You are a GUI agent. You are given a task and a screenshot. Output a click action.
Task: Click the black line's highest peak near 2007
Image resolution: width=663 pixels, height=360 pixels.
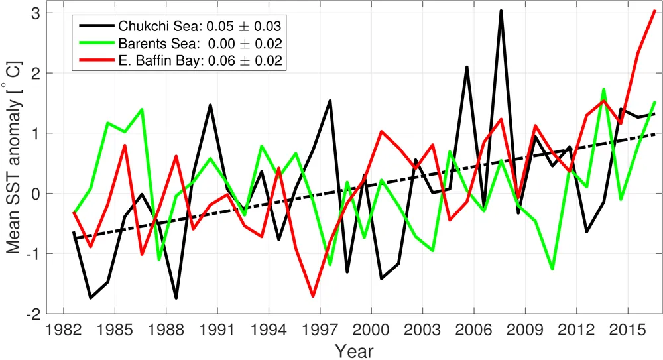[x=501, y=11]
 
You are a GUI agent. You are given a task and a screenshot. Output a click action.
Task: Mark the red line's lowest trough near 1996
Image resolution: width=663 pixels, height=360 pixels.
[x=312, y=296]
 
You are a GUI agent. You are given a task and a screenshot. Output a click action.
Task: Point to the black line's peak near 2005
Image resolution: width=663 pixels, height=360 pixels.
[x=467, y=67]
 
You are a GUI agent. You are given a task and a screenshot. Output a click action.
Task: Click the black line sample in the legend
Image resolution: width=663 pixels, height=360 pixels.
[x=95, y=27]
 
